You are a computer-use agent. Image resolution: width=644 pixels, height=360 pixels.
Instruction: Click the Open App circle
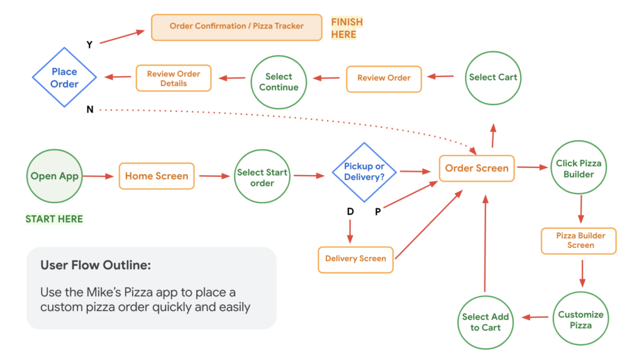(55, 176)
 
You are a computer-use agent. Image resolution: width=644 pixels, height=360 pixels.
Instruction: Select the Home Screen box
(157, 176)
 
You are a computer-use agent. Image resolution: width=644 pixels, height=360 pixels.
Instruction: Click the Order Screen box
(477, 168)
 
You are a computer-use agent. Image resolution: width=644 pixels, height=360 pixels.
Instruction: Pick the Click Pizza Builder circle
(579, 168)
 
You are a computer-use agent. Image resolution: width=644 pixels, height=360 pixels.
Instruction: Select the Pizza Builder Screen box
(579, 240)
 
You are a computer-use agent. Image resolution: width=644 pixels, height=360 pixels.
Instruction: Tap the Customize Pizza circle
(580, 320)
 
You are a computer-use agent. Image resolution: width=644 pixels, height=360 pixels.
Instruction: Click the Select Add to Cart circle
(486, 322)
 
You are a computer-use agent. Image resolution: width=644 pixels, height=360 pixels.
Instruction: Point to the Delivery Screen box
(355, 259)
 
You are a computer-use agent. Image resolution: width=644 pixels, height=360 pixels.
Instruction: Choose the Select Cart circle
(493, 77)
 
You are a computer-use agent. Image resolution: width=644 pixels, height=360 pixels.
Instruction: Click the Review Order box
(384, 78)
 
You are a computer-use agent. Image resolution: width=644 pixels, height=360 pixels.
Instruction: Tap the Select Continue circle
(279, 82)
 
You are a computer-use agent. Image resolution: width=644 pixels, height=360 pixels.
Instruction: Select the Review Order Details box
(174, 78)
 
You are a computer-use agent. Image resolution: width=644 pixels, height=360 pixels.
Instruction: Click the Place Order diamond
(65, 78)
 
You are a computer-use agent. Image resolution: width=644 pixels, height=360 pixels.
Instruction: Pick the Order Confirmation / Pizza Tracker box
(236, 27)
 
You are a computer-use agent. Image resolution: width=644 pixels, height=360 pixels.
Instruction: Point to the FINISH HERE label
(347, 28)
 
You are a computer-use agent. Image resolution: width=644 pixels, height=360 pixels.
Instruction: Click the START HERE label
(54, 219)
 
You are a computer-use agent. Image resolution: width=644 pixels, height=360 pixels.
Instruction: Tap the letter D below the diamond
(350, 211)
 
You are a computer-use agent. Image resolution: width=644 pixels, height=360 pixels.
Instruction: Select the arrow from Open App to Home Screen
(98, 176)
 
